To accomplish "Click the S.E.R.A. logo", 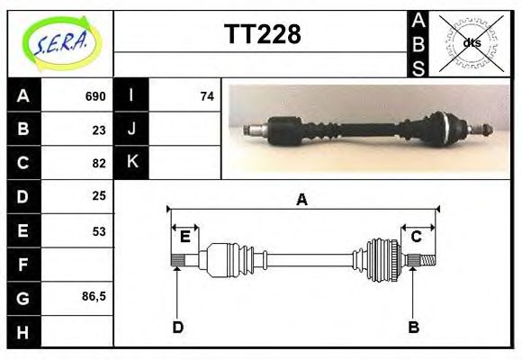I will click(x=60, y=43).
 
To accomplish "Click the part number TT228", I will click(x=262, y=35).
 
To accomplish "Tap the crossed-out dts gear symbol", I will click(x=471, y=43).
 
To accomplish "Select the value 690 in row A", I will click(x=94, y=96).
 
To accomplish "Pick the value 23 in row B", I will click(x=99, y=130).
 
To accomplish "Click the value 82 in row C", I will click(x=99, y=163).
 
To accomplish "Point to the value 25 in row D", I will click(x=99, y=195).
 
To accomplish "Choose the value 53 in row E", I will click(x=99, y=230).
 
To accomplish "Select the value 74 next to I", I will click(x=207, y=96).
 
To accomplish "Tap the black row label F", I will click(x=23, y=265).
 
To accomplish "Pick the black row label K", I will click(x=131, y=163).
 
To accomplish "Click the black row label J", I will click(x=131, y=130).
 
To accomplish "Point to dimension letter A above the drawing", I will click(x=301, y=200).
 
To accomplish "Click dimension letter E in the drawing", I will click(x=184, y=237).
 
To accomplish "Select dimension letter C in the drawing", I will click(x=417, y=237).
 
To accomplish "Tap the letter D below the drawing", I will click(x=177, y=327).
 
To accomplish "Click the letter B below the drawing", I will click(x=413, y=327).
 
